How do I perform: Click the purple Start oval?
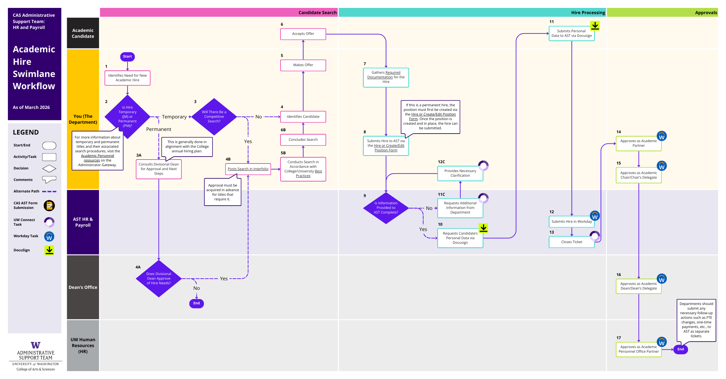point(127,57)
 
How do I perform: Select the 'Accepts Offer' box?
point(303,34)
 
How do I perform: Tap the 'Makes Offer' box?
point(303,65)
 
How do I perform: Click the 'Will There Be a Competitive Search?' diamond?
point(214,117)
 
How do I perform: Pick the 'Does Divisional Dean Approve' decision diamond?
point(158,279)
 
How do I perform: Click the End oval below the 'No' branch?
point(196,303)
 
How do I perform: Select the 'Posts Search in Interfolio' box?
point(248,169)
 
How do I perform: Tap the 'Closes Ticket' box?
point(571,242)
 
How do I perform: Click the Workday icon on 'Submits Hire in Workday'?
point(594,216)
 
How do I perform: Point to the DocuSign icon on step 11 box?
point(595,26)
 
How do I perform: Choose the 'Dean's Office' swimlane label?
point(83,287)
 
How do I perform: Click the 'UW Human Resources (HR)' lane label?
point(83,345)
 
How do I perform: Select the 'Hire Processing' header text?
point(588,13)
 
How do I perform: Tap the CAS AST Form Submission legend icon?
point(49,206)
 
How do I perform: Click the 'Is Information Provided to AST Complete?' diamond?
point(386,208)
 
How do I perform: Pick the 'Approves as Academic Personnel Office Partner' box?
point(638,349)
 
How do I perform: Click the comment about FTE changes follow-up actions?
point(696,320)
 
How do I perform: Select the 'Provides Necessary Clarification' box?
point(460,173)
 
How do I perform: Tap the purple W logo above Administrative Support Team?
point(36,345)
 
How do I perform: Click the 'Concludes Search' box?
point(303,140)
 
